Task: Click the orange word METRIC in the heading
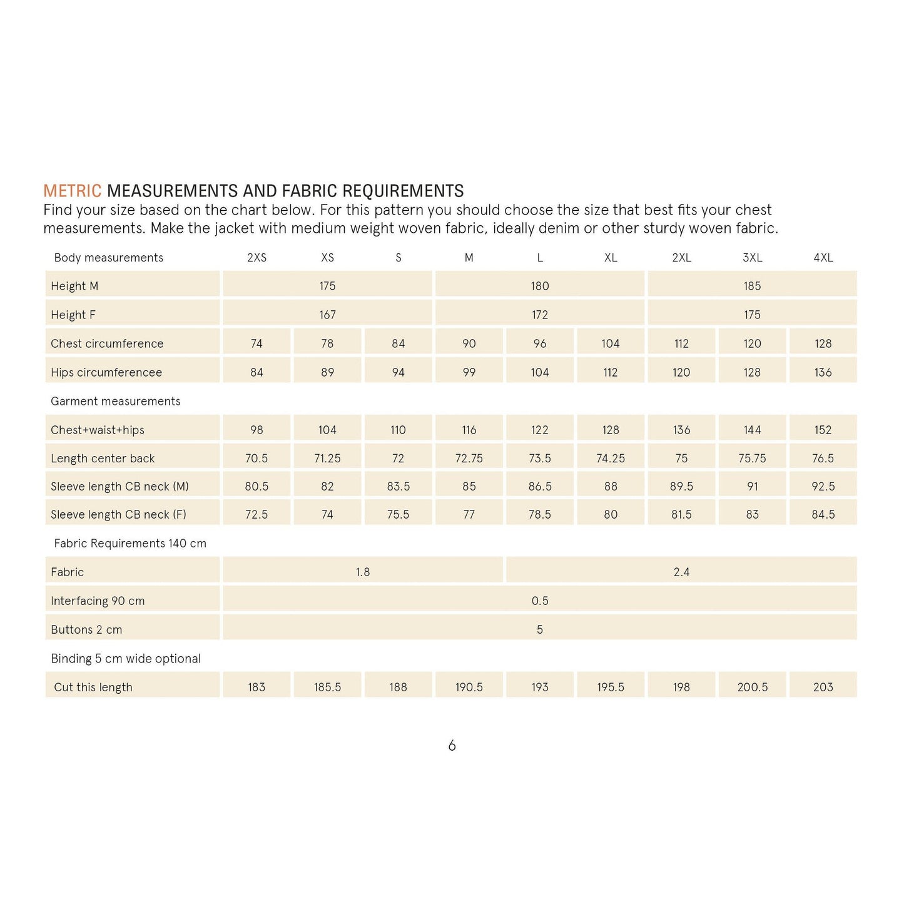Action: (x=72, y=191)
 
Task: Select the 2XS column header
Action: (x=256, y=258)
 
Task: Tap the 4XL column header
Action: (x=823, y=258)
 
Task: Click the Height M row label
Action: (x=74, y=286)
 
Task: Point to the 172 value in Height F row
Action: (x=539, y=315)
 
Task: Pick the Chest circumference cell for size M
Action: (x=469, y=343)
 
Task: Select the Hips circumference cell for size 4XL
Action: (x=823, y=372)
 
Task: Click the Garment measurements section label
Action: (x=115, y=401)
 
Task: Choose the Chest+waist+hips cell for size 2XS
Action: (x=256, y=430)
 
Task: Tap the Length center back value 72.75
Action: (x=469, y=458)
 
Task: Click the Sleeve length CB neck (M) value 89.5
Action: (x=681, y=486)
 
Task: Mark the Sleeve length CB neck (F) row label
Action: (x=118, y=514)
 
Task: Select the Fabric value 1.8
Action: (x=363, y=572)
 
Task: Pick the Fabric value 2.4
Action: (x=681, y=572)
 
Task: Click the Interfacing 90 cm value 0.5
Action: (x=539, y=601)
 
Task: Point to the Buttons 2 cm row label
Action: (x=86, y=629)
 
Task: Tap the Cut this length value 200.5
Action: (x=752, y=687)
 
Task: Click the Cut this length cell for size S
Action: (x=398, y=687)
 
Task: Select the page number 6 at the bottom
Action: (x=452, y=746)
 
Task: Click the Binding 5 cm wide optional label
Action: (x=126, y=658)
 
